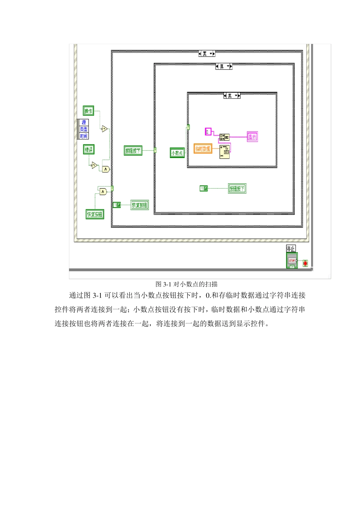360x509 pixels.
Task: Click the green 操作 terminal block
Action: [x=88, y=111]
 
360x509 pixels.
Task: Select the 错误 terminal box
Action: [x=89, y=149]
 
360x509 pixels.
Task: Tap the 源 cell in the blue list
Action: [x=84, y=122]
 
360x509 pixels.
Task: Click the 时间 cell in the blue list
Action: [x=84, y=136]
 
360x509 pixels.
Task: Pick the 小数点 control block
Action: [x=177, y=153]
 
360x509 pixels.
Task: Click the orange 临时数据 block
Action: [x=203, y=148]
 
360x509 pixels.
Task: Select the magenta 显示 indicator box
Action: [x=252, y=137]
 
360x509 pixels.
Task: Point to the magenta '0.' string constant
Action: [x=208, y=131]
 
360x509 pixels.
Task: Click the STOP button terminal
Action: [x=292, y=261]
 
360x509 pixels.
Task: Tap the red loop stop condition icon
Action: [x=305, y=263]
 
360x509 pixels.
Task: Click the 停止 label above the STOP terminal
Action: [x=291, y=248]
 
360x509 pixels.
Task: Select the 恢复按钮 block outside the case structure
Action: [x=95, y=214]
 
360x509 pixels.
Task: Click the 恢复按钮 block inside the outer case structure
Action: [x=139, y=205]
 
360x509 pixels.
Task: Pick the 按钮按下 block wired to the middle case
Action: [x=133, y=151]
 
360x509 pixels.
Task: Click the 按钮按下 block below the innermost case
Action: [x=237, y=188]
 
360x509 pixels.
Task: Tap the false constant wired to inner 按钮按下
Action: [x=204, y=188]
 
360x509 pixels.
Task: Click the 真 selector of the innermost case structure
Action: [x=232, y=96]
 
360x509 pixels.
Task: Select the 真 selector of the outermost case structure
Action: [x=207, y=54]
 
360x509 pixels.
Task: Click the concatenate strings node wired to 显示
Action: [x=224, y=137]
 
